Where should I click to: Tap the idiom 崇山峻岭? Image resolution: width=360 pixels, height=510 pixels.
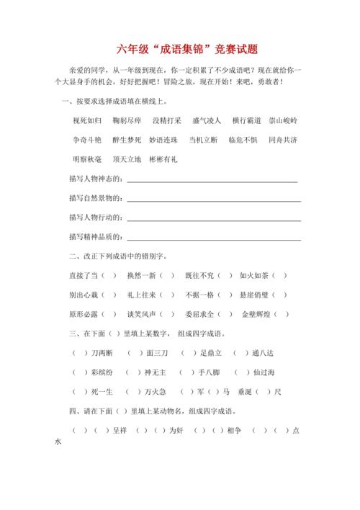tap(283, 120)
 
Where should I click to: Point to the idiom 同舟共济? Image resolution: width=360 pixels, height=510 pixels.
tap(283, 140)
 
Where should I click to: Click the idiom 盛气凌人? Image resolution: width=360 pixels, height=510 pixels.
tap(207, 120)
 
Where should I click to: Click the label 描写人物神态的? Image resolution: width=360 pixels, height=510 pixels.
tap(97, 179)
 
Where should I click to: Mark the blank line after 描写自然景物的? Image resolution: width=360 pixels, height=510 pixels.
tap(214, 200)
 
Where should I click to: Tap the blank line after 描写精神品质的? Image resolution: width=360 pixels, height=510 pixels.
tap(214, 238)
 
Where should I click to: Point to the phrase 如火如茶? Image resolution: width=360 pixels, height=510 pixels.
tap(253, 275)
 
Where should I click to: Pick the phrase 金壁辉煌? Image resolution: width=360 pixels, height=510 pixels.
tap(255, 314)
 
